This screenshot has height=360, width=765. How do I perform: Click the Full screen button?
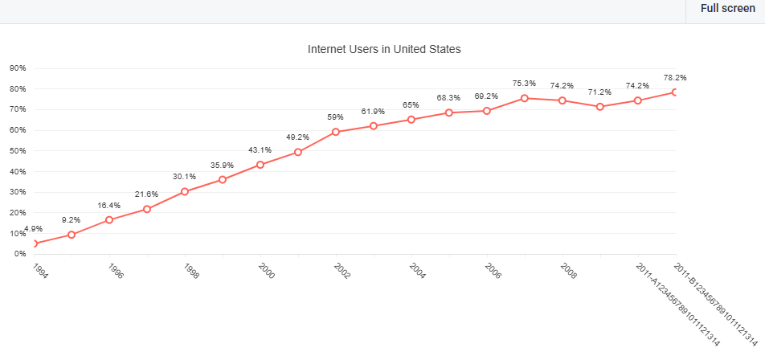(x=727, y=9)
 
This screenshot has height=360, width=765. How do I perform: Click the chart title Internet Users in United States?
(x=384, y=49)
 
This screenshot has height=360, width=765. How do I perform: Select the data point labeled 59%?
(x=335, y=132)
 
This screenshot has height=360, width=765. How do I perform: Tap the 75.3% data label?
(x=524, y=83)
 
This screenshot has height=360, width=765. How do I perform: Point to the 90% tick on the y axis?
(x=18, y=67)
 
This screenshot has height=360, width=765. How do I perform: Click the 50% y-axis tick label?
(x=18, y=150)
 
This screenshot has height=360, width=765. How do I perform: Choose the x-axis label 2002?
(x=342, y=271)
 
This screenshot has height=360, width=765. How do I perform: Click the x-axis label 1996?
(x=115, y=271)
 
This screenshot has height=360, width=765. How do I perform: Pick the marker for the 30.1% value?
(x=185, y=191)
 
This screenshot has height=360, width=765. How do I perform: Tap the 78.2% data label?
(x=674, y=78)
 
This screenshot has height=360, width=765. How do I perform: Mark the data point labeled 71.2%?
(x=599, y=106)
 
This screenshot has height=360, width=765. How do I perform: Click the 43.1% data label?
(x=260, y=149)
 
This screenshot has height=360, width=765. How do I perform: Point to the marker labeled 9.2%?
(x=72, y=235)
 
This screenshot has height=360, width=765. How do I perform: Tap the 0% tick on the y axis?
(x=21, y=254)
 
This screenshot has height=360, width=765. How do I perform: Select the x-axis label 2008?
(x=568, y=271)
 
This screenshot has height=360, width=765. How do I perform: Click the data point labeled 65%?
(x=411, y=120)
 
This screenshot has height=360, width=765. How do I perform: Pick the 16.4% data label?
(x=109, y=205)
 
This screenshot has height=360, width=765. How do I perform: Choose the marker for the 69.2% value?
(x=486, y=111)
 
